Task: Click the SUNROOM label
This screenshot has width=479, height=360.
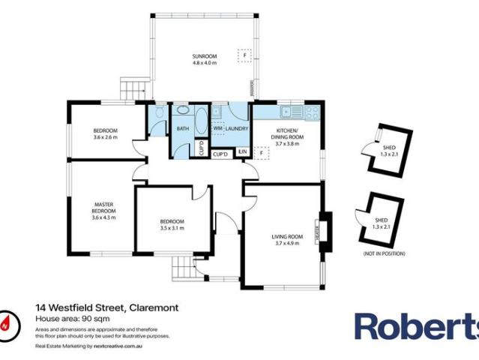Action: pos(204,57)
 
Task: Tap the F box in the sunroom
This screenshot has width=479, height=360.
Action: pos(244,55)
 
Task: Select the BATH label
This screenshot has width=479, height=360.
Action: pos(183,129)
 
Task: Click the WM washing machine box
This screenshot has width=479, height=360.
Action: pos(217,129)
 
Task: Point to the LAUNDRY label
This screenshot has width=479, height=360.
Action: pos(237,129)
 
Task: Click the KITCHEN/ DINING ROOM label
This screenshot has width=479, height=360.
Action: pos(287,137)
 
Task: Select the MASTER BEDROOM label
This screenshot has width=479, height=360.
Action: pos(103,208)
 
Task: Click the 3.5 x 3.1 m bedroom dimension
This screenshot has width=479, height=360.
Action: pos(172,228)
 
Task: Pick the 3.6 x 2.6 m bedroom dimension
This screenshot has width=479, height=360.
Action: pos(106,137)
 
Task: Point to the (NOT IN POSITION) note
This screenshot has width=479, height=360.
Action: pos(384,254)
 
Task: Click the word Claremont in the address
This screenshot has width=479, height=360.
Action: pos(154,307)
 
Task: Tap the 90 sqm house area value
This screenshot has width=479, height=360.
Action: pos(84,319)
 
